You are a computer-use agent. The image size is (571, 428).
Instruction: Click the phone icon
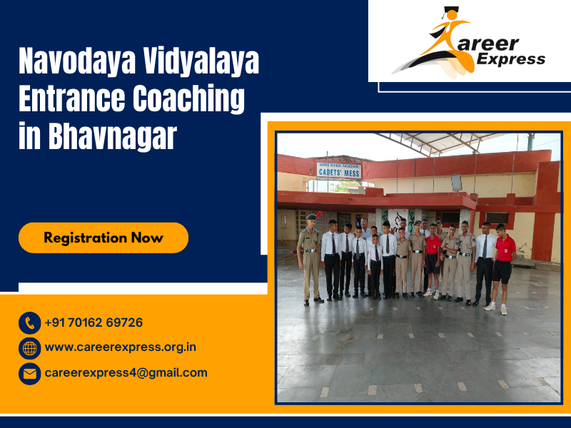point(29,323)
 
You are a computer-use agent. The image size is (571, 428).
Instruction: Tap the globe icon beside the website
point(29,348)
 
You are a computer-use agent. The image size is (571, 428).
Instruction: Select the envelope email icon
point(29,373)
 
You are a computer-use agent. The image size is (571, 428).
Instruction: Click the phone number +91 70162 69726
point(94,323)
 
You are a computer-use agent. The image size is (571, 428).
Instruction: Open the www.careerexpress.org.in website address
point(120,347)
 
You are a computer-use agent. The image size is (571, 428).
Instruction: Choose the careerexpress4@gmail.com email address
point(126,372)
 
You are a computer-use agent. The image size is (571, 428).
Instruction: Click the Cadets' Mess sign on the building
point(339,170)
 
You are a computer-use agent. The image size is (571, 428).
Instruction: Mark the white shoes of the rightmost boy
point(497,307)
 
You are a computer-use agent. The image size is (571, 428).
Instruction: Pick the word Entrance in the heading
point(71,98)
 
